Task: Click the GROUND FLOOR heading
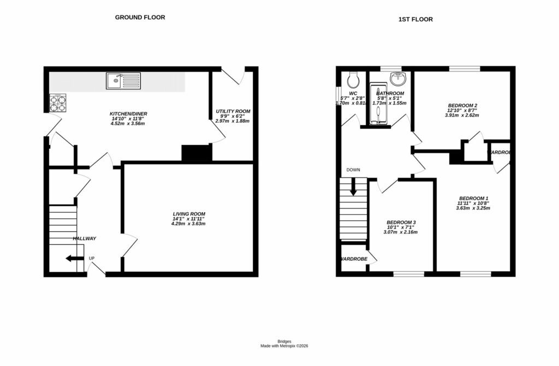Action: pyautogui.click(x=140, y=17)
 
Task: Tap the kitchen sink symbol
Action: pyautogui.click(x=123, y=81)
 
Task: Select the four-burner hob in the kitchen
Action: pyautogui.click(x=57, y=103)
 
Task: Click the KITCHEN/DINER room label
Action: pyautogui.click(x=129, y=114)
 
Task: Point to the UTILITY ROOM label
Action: pyautogui.click(x=233, y=111)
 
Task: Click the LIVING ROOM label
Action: pyautogui.click(x=188, y=214)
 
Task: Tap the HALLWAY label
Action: pyautogui.click(x=85, y=238)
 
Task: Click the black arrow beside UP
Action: pyautogui.click(x=72, y=259)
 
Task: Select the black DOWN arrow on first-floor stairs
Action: pyautogui.click(x=353, y=188)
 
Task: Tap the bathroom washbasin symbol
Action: pyautogui.click(x=399, y=80)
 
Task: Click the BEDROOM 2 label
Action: pyautogui.click(x=462, y=105)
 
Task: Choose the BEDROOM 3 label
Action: pyautogui.click(x=401, y=223)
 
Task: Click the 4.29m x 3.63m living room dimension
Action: pyautogui.click(x=188, y=224)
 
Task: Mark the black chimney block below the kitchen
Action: pyautogui.click(x=196, y=153)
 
